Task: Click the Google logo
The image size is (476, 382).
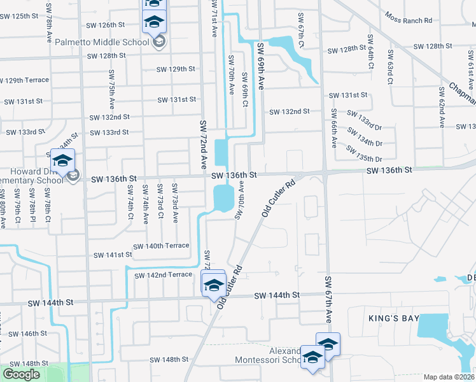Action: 21,374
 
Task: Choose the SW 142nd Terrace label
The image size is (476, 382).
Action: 163,274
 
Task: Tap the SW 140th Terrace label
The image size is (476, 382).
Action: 161,246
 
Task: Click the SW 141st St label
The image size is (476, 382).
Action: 113,255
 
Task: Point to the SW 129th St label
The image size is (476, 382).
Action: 176,69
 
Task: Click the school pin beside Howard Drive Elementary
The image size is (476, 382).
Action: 63,160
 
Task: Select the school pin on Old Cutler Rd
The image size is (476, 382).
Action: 213,284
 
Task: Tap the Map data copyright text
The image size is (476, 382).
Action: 449,377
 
